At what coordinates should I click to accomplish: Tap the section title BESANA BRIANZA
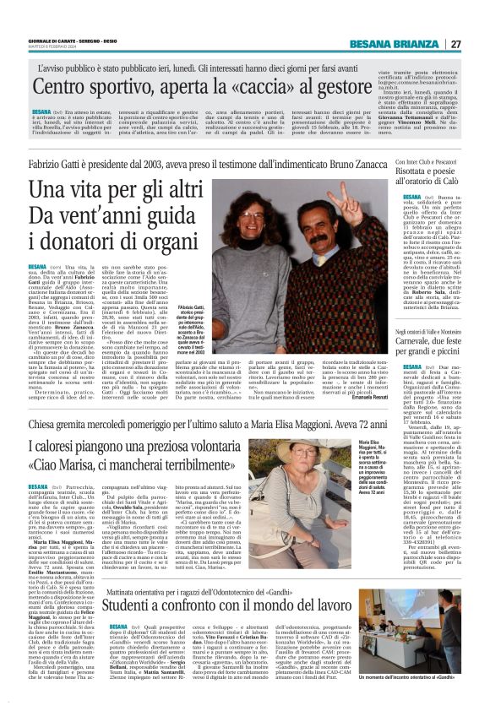pos(403,44)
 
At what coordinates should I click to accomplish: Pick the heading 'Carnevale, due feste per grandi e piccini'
pos(427,320)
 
